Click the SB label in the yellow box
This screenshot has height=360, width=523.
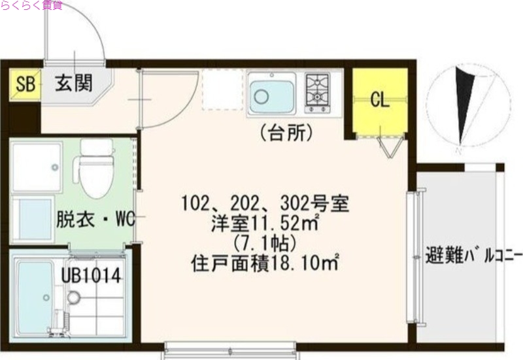click(x=25, y=84)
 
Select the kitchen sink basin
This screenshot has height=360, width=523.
click(x=271, y=94)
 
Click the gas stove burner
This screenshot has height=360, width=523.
click(x=318, y=92)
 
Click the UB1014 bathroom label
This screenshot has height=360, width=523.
click(x=92, y=275)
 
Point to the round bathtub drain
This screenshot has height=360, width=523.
click(x=73, y=298)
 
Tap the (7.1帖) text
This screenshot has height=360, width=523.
click(x=265, y=244)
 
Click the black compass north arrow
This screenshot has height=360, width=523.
click(x=465, y=105)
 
